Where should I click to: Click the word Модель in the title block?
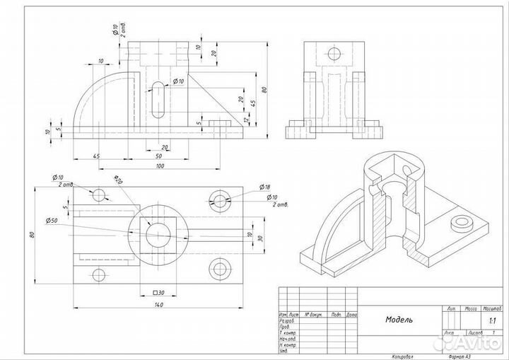click(399, 320)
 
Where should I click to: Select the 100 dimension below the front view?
click(160, 166)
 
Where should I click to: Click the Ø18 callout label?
click(265, 187)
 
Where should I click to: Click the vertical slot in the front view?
click(155, 102)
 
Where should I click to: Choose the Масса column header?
click(469, 309)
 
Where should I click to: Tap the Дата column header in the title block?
click(351, 313)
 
